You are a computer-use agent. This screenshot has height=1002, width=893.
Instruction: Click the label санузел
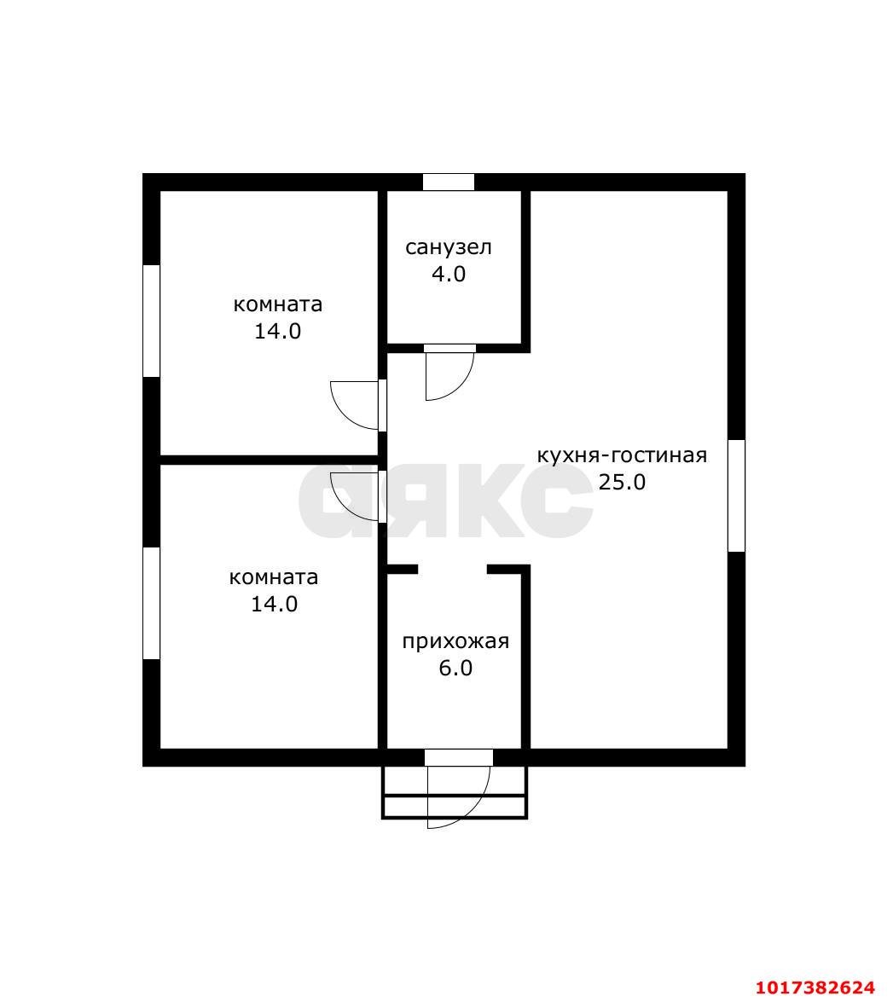(448, 247)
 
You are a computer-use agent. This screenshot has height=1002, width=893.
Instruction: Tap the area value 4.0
(449, 274)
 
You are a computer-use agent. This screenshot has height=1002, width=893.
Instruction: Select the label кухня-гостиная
(621, 455)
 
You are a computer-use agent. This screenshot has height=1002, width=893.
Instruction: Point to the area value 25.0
(622, 482)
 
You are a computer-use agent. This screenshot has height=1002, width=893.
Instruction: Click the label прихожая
(455, 641)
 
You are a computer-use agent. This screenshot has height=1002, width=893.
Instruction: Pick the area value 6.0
(455, 668)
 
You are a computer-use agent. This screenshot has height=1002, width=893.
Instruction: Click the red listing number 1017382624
(815, 988)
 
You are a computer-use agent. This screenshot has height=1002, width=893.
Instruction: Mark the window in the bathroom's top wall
(448, 182)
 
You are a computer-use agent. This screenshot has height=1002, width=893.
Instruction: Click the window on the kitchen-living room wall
(736, 495)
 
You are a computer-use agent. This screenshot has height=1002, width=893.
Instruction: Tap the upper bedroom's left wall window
(151, 321)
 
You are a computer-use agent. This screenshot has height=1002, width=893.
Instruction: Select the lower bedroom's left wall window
(151, 603)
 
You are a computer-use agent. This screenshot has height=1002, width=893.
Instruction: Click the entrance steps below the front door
(455, 792)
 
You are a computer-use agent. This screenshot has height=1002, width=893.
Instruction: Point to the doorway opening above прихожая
(453, 569)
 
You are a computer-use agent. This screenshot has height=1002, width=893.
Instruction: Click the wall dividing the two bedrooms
(270, 460)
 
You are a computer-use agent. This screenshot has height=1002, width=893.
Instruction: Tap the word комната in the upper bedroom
(277, 304)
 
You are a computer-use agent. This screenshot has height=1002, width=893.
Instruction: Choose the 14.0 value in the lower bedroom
(274, 604)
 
